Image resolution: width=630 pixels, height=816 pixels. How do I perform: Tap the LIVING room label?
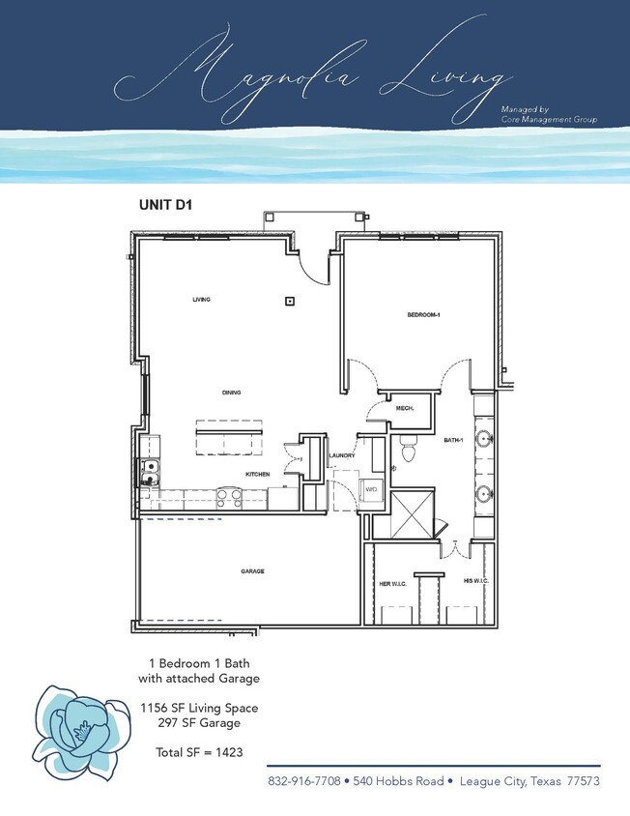click(x=201, y=300)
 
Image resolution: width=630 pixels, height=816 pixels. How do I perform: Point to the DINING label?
click(x=231, y=393)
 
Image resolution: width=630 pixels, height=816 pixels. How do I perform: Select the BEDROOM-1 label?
click(x=423, y=316)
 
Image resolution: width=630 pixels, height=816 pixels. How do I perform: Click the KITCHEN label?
click(x=256, y=475)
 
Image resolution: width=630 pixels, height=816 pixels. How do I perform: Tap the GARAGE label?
click(x=252, y=571)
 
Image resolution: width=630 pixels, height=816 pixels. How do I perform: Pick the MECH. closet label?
click(x=405, y=409)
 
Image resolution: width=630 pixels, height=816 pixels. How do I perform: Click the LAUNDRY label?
click(x=342, y=455)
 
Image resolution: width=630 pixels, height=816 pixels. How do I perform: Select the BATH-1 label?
click(x=454, y=441)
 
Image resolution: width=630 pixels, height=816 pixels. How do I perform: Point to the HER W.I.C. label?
click(x=390, y=583)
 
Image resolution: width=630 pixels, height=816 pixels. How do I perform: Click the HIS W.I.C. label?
click(x=474, y=581)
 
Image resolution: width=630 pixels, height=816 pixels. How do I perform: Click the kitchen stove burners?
click(x=228, y=497)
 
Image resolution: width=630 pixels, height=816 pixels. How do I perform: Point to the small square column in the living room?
click(x=289, y=302)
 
